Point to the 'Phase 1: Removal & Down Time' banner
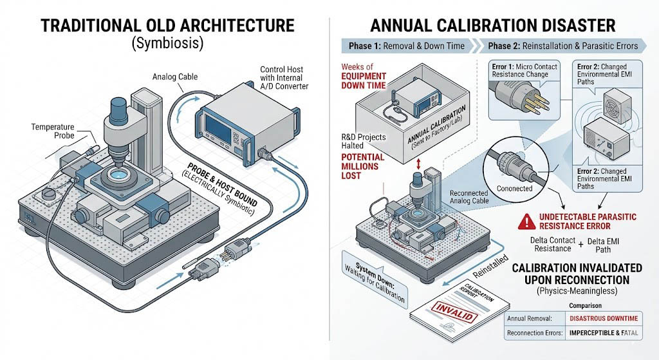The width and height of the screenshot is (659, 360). click(x=408, y=46)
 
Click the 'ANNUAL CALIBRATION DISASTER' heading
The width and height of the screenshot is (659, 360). click(x=493, y=26)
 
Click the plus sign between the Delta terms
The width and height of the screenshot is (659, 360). click(x=578, y=243)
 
